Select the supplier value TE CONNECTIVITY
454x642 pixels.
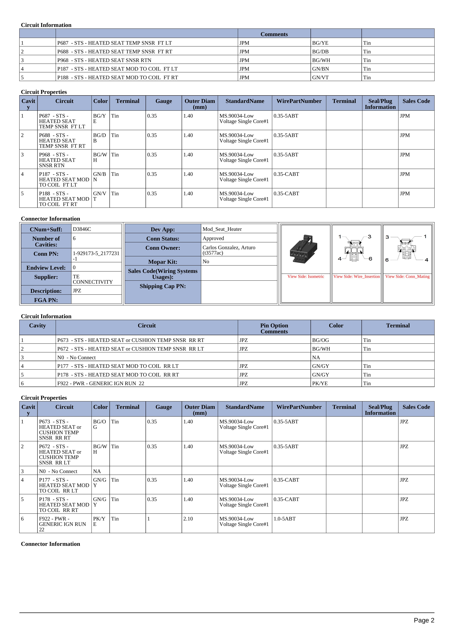coord(93,279)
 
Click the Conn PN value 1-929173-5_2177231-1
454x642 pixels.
coord(96,256)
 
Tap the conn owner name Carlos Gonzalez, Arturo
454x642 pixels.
coord(229,248)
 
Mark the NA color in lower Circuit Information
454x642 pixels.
coord(316,357)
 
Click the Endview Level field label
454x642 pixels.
coord(46,268)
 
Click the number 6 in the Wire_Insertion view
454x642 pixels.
coord(370,259)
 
